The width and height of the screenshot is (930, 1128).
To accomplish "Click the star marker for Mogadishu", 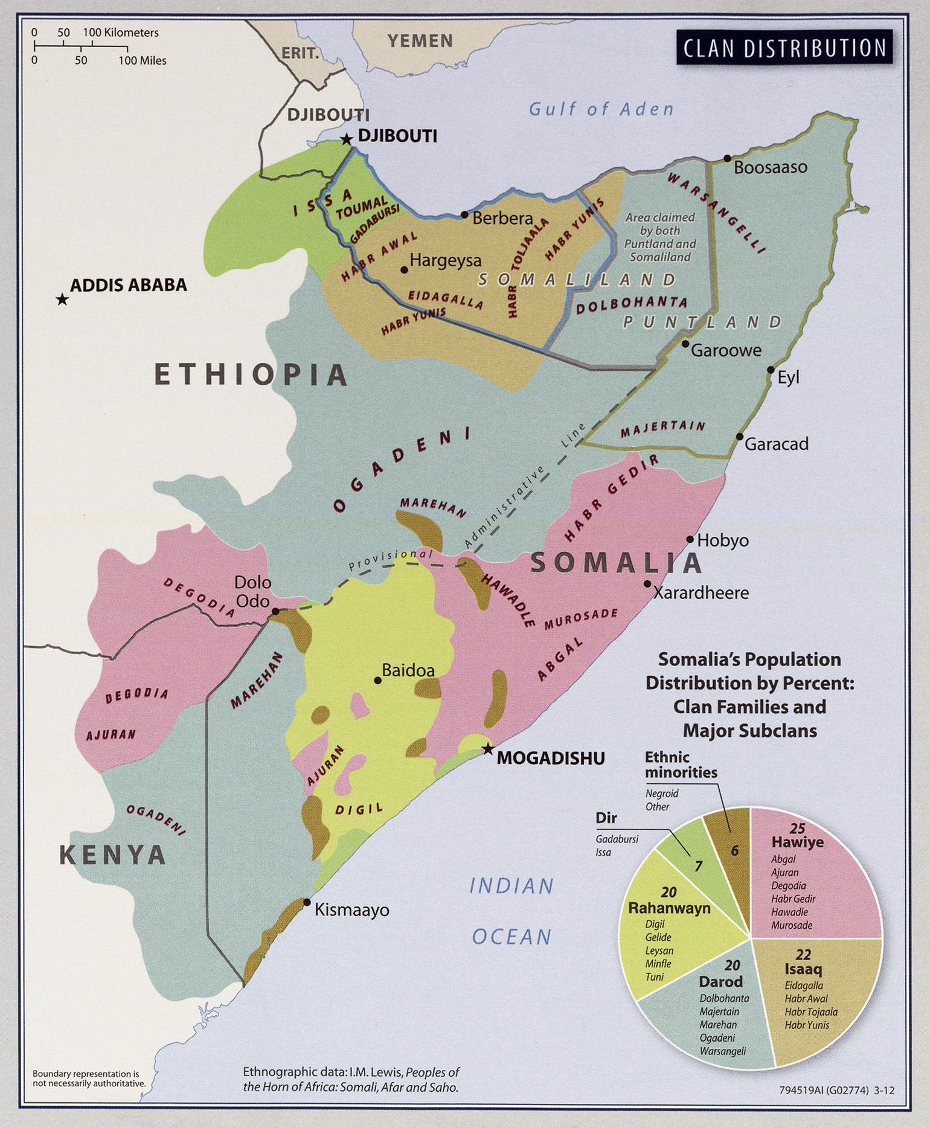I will click(x=487, y=749).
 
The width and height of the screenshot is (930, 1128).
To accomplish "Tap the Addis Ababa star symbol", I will click(x=62, y=300).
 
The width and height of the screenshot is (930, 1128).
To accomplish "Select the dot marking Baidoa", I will click(x=378, y=680).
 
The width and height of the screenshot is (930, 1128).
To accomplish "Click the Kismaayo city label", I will click(x=351, y=910).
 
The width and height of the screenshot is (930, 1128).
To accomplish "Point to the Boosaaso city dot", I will click(x=728, y=159).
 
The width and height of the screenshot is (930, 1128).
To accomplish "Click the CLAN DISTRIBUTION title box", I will click(x=784, y=48).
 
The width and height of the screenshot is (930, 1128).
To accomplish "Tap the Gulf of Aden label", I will click(x=601, y=109).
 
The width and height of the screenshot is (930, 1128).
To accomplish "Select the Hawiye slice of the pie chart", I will click(x=815, y=882).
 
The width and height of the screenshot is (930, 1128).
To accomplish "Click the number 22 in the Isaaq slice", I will click(x=803, y=955).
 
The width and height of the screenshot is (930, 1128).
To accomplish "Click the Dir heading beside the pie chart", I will click(x=606, y=818).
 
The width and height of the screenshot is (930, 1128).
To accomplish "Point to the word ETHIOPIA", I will click(x=251, y=374).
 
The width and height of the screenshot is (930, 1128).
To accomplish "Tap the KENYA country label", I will click(x=112, y=855).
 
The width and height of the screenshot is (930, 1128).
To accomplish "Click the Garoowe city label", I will click(x=726, y=350).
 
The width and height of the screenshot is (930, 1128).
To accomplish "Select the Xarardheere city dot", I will click(x=647, y=584).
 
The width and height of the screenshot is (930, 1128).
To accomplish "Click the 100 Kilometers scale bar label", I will click(x=121, y=33).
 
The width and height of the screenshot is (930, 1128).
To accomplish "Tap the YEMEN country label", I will click(x=420, y=41).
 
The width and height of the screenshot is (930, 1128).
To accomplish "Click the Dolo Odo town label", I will click(x=252, y=592).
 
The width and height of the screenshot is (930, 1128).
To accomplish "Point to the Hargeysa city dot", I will click(x=404, y=269).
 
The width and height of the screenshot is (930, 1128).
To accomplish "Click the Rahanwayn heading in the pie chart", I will click(x=669, y=908).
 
